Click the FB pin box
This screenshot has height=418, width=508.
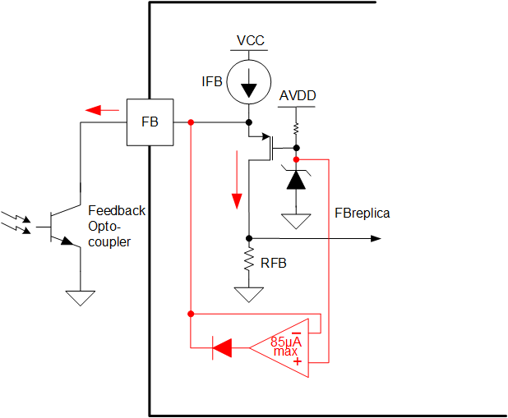pos(150,122)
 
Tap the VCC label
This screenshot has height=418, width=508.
pos(251,41)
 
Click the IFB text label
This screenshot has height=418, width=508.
pos(212,82)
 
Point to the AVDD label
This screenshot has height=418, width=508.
pos(297,96)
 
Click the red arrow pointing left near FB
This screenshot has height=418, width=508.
pos(103,109)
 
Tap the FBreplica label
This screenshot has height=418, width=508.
pos(362,214)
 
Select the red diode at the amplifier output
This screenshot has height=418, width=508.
pos(221,348)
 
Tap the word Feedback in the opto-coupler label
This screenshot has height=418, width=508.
pos(116,211)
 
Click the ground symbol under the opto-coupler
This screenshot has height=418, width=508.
pos(81,297)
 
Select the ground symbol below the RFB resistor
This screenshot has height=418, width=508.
pos(248,293)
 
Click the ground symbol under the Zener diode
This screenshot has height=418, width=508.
pos(296,221)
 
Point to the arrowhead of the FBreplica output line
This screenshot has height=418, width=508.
pos(376,238)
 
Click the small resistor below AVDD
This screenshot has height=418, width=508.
pos(296,129)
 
